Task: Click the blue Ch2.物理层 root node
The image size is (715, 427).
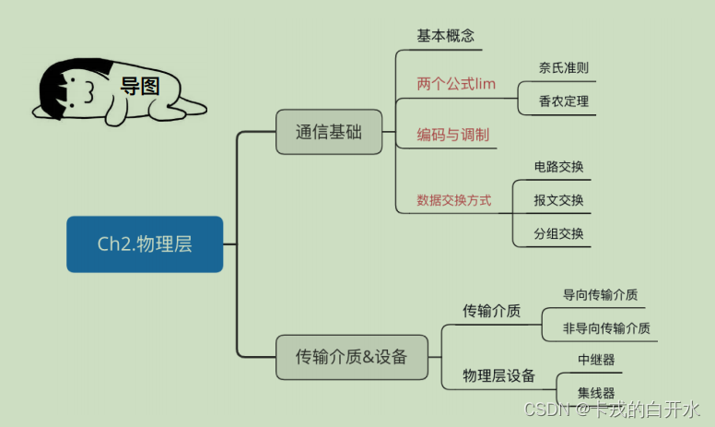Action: (x=145, y=244)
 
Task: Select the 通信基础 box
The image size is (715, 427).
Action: (x=329, y=132)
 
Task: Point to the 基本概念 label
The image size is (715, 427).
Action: (x=446, y=36)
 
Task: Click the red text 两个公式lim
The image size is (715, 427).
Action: (x=456, y=85)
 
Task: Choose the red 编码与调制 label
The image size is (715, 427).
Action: (x=452, y=136)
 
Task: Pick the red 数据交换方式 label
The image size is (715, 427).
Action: (x=454, y=200)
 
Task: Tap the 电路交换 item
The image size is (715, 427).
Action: (x=558, y=167)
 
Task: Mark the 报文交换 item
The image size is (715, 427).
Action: (x=558, y=200)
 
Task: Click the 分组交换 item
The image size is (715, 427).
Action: (x=558, y=233)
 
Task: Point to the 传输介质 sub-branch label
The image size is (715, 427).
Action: (x=491, y=311)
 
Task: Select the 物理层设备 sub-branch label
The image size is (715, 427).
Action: (x=498, y=375)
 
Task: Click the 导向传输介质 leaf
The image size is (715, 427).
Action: (x=600, y=295)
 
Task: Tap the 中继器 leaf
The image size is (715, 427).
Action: (x=596, y=360)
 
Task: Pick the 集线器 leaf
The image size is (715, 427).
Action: (x=596, y=393)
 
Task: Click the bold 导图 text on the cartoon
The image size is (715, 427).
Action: (x=140, y=87)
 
